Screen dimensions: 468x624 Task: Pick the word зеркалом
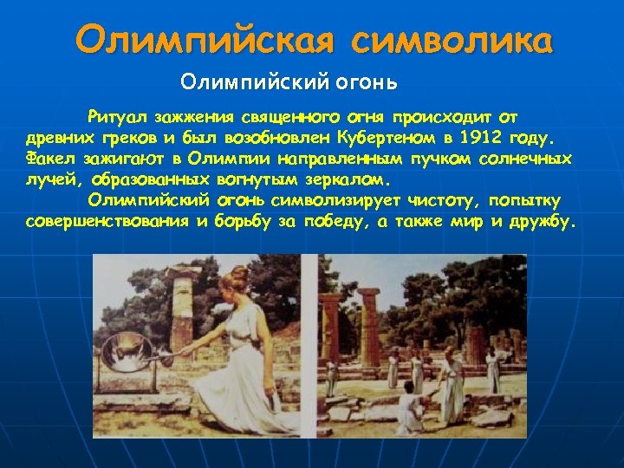tap(347, 181)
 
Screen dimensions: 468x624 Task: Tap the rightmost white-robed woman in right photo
tap(493, 368)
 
